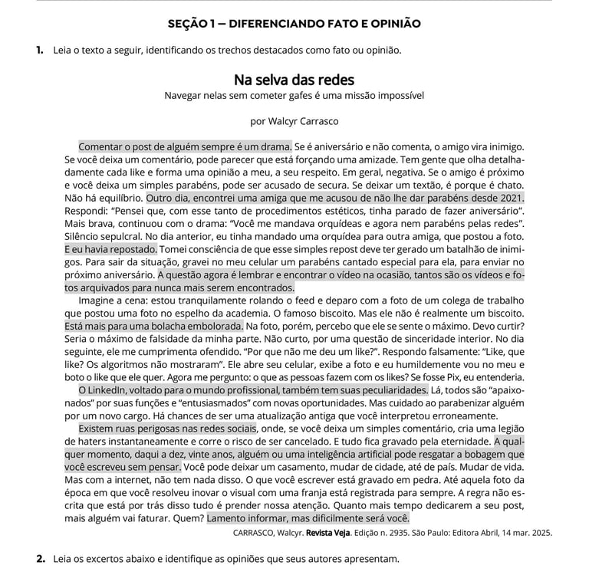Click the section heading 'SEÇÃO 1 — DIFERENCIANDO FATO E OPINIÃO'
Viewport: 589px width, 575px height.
click(x=294, y=24)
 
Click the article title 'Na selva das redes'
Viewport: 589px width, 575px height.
click(x=294, y=80)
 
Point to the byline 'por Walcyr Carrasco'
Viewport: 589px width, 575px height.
click(x=294, y=120)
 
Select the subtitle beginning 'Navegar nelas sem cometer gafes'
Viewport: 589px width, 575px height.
click(x=294, y=96)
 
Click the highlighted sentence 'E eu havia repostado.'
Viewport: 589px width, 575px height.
click(x=111, y=248)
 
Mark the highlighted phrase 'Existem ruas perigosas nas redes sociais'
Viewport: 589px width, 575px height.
click(x=168, y=429)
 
